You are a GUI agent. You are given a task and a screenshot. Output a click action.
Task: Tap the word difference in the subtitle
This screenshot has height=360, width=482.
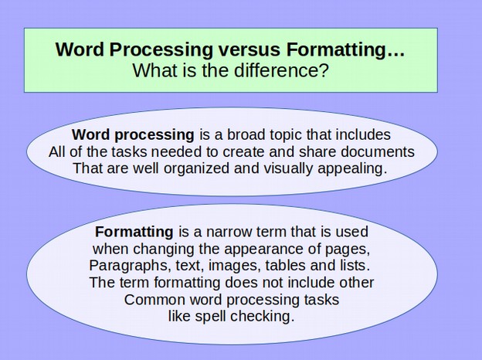click(281, 70)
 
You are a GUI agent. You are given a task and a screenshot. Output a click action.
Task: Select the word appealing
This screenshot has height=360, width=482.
click(352, 169)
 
